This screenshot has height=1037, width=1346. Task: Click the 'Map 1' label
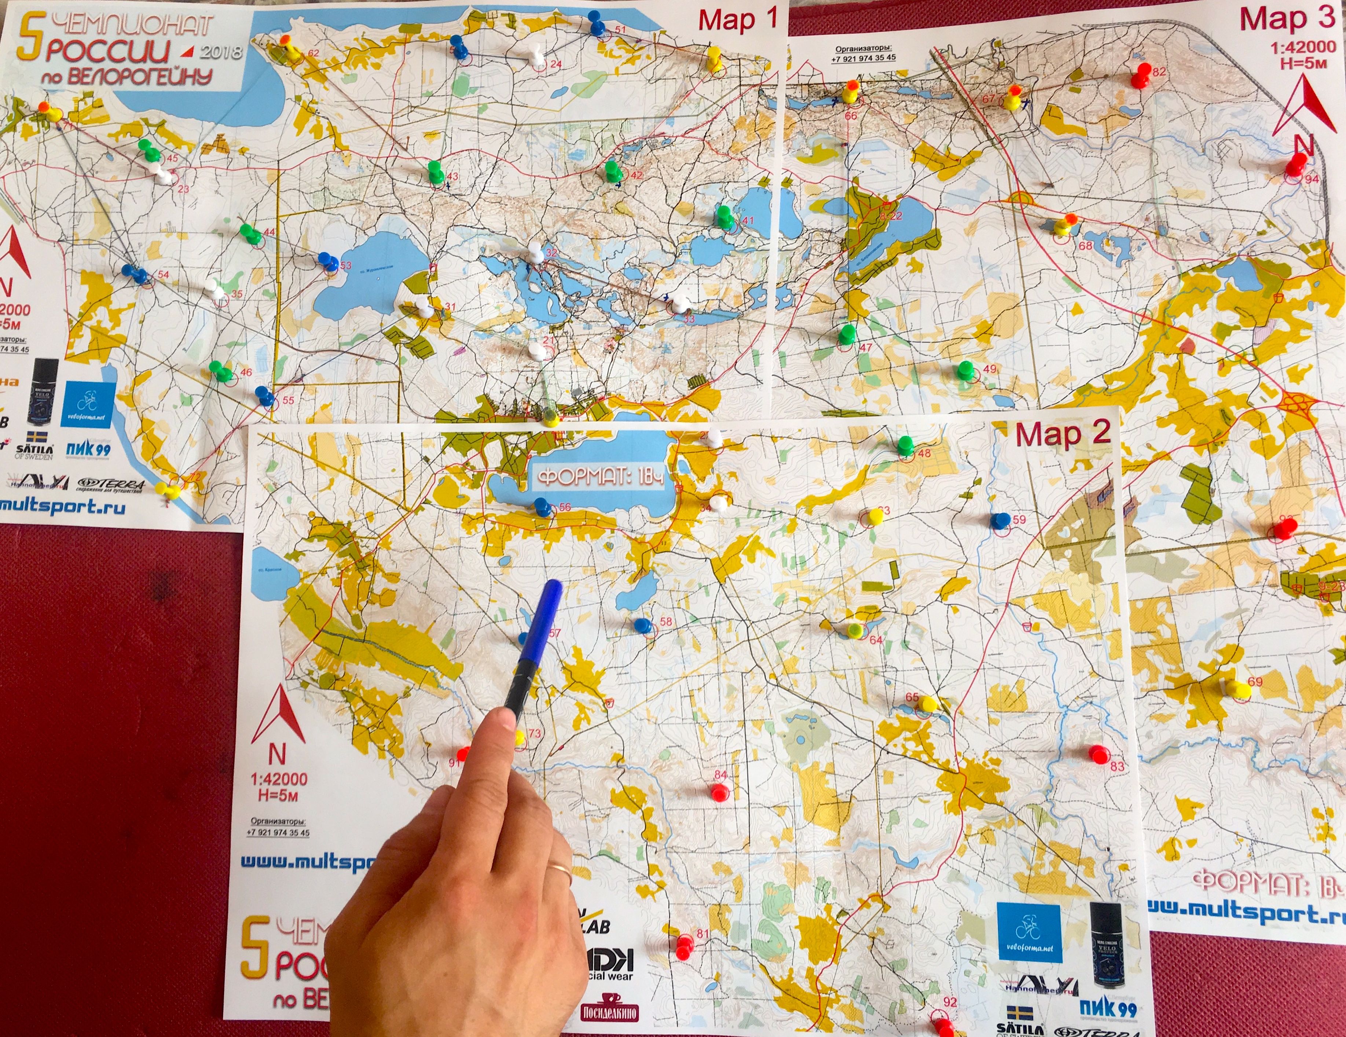click(738, 20)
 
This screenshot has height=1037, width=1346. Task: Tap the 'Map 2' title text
click(1063, 434)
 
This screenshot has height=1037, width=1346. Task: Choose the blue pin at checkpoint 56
click(542, 506)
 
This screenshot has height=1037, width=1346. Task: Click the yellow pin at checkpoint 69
click(1237, 689)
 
